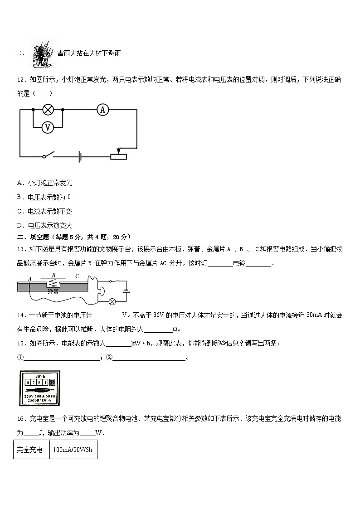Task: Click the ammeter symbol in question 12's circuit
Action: pos(103,109)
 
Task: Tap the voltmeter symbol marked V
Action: pos(47,128)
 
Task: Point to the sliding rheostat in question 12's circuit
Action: pos(118,156)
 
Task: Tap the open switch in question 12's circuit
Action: pos(49,155)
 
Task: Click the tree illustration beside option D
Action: pos(42,53)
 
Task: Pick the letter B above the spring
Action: pos(54,275)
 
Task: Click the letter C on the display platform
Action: pos(77,276)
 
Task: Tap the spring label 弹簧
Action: pos(53,292)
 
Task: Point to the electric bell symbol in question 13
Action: pos(102,291)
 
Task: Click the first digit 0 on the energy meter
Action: pos(28,382)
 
